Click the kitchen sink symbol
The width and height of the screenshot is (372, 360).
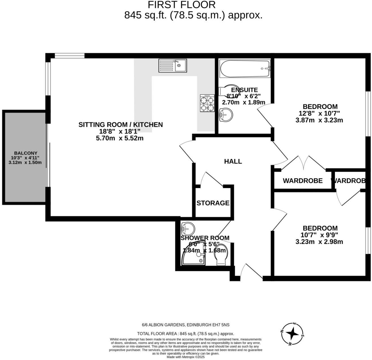[x=172, y=66]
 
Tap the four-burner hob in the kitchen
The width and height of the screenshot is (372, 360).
[x=207, y=104]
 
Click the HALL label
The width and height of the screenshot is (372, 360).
[x=233, y=161]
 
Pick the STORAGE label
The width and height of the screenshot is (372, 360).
[x=213, y=203]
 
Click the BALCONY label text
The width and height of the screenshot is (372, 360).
[x=26, y=153]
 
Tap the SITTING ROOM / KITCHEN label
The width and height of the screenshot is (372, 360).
[x=121, y=125]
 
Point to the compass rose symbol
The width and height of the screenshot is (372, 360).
[x=293, y=334]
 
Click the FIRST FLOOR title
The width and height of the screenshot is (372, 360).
[x=182, y=5]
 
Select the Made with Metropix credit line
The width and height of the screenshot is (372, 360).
[x=185, y=357]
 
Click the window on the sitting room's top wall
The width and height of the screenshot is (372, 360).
[x=69, y=56]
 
